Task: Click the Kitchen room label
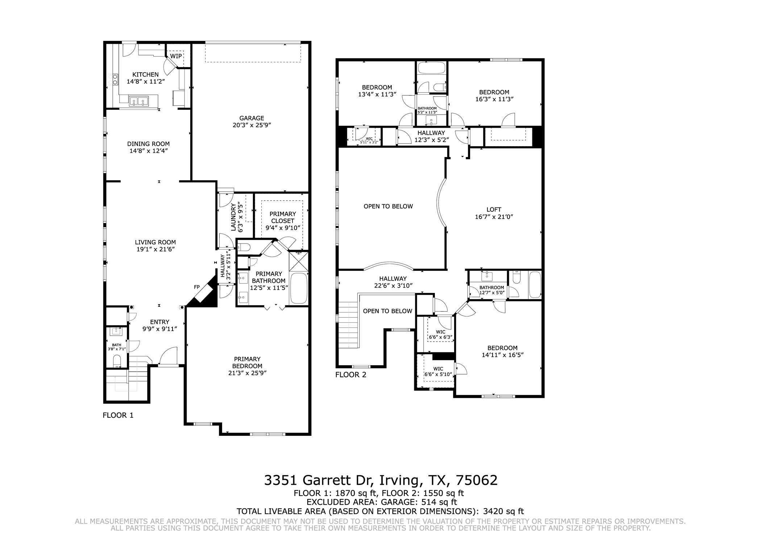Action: (145, 75)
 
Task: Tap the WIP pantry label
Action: (176, 56)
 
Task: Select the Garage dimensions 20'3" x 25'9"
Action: (252, 125)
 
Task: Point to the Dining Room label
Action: (148, 144)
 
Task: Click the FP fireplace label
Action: (197, 287)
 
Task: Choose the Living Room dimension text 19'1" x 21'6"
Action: (155, 249)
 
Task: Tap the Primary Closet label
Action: (283, 217)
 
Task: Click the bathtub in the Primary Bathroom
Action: (299, 289)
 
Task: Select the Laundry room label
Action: (233, 217)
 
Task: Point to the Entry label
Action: (160, 322)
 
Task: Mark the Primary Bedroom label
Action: (247, 363)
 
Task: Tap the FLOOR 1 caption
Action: (118, 415)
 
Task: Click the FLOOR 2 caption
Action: (351, 375)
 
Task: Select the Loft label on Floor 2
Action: (494, 210)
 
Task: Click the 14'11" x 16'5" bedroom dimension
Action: (503, 355)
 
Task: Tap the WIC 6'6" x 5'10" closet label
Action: (438, 372)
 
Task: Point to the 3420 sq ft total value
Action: (504, 511)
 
